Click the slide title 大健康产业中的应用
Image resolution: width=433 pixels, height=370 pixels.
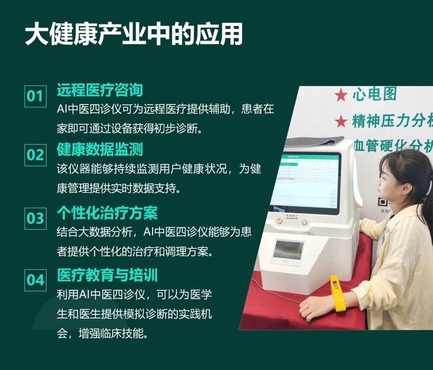coord(134,34)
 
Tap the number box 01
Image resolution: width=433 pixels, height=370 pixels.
coord(35,96)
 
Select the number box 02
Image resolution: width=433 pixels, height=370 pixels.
coord(35,155)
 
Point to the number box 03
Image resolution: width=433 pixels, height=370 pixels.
coord(35,218)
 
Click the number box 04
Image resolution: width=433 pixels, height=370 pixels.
coord(35,280)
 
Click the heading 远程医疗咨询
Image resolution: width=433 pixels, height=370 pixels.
coord(100,90)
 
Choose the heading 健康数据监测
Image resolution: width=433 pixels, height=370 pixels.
coord(100,149)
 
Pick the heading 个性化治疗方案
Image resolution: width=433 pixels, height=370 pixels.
coord(107,213)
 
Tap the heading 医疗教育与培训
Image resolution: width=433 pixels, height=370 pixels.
coord(107,275)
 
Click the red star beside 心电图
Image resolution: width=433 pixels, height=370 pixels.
coord(341,95)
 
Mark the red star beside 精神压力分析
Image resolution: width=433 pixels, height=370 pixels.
coord(341,121)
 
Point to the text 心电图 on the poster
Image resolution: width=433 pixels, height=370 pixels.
coord(375,94)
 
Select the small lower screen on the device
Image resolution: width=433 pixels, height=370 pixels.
coord(288,250)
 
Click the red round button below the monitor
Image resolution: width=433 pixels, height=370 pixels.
coord(279,220)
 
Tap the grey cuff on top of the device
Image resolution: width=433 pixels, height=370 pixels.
coord(315,141)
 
